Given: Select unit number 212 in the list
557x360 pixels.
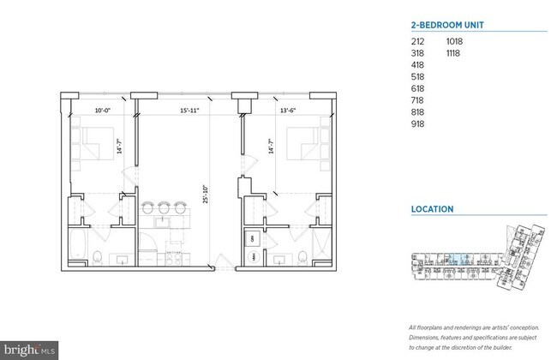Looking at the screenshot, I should (x=418, y=40).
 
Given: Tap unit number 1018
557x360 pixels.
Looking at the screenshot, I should (x=454, y=40).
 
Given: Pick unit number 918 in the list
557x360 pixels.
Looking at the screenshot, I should (x=418, y=124).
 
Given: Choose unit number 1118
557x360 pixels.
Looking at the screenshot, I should (x=454, y=52).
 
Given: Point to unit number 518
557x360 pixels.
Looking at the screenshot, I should (x=418, y=76).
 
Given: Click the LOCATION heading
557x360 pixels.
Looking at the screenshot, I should (x=432, y=208).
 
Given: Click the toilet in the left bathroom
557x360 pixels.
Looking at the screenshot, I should (x=99, y=255).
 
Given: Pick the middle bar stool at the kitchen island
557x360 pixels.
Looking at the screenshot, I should (x=164, y=207).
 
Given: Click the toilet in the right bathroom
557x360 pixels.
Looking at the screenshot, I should (x=302, y=255).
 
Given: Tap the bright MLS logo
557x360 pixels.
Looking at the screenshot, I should (x=29, y=349).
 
